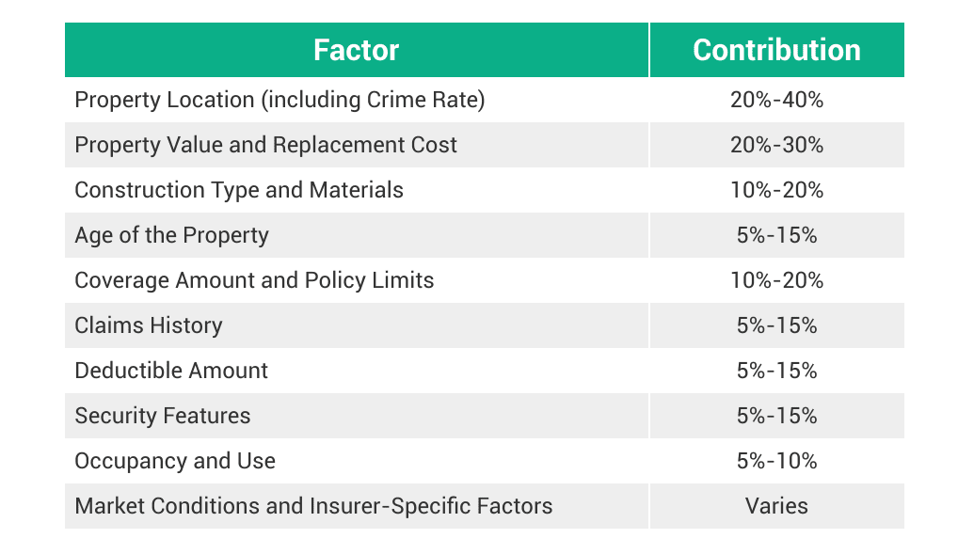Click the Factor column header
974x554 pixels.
(356, 50)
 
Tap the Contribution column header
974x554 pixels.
(776, 50)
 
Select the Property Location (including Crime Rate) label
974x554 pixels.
(279, 100)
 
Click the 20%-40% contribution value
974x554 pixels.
(776, 100)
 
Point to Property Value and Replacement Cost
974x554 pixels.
(265, 145)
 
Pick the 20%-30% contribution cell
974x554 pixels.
(776, 145)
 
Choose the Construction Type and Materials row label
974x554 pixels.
(239, 190)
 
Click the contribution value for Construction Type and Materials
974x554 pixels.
(776, 190)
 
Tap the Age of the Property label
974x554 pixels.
(171, 235)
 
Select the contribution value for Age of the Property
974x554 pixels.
(776, 235)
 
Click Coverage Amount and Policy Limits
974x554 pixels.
(254, 280)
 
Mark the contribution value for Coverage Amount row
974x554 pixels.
(776, 280)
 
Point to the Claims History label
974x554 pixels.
(149, 325)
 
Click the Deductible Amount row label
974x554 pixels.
(171, 371)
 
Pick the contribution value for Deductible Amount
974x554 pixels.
(776, 371)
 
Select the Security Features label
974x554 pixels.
(163, 416)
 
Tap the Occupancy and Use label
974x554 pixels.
(175, 461)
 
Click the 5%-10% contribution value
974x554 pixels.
(776, 461)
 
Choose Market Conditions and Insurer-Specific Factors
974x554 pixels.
(313, 506)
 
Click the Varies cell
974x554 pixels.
(776, 506)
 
